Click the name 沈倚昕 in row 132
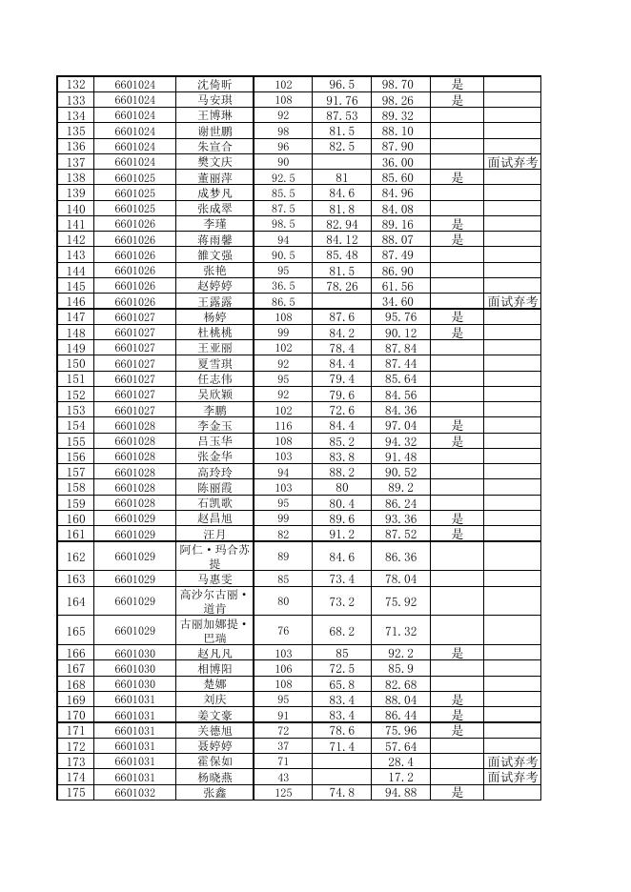pos(214,85)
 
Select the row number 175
pos(76,793)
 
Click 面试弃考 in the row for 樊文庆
pos(512,162)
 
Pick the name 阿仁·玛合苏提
pos(214,557)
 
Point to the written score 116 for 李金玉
pos(283,426)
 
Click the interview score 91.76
pos(341,100)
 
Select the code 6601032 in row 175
pos(134,793)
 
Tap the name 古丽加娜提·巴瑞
pos(214,631)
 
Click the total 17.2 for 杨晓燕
pos(399,778)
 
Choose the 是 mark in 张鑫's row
pos(458,793)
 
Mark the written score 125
pos(283,793)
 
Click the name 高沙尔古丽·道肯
pos(214,601)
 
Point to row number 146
pos(76,302)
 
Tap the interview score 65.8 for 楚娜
pos(341,685)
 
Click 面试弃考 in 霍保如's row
pos(512,761)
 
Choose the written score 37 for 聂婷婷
pos(283,746)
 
